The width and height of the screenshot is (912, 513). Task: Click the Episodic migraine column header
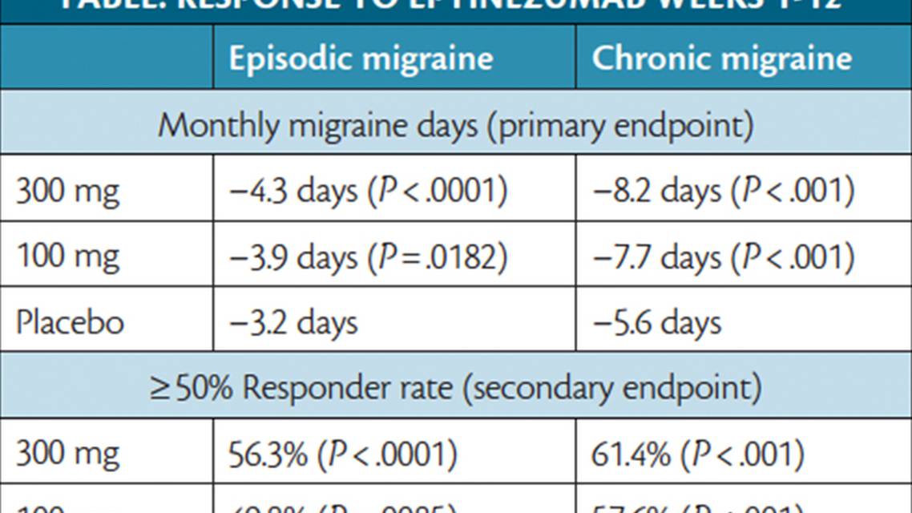pos(361,59)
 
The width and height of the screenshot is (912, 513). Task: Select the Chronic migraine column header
pos(721,59)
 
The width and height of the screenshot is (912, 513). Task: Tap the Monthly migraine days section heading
pos(455,126)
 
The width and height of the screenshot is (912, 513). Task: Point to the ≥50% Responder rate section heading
pos(455,388)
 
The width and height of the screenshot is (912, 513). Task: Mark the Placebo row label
pos(71,322)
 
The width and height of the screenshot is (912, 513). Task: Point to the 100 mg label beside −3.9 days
pos(67,257)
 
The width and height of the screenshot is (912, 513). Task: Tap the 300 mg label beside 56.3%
pos(67,454)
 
